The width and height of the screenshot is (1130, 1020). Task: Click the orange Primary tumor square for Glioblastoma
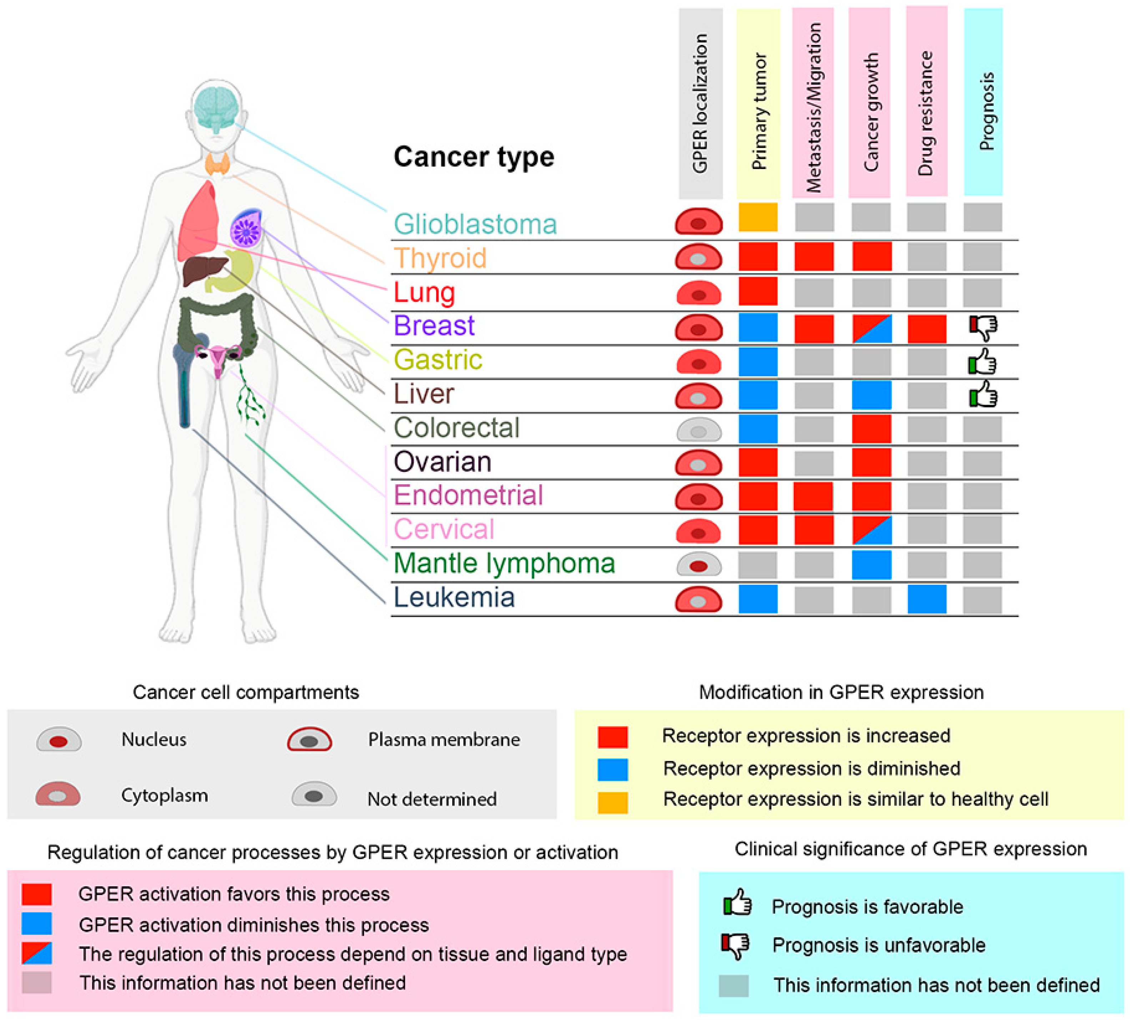758,217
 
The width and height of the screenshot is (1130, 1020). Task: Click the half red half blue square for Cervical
872,530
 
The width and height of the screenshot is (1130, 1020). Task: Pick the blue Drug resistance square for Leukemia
927,599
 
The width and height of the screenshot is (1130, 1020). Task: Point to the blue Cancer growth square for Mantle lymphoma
872,565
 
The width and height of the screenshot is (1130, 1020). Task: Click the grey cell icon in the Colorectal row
698,430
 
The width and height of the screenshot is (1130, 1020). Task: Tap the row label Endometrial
468,495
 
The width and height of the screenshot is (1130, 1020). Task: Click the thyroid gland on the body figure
217,164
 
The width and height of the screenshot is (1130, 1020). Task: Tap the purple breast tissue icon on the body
246,228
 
